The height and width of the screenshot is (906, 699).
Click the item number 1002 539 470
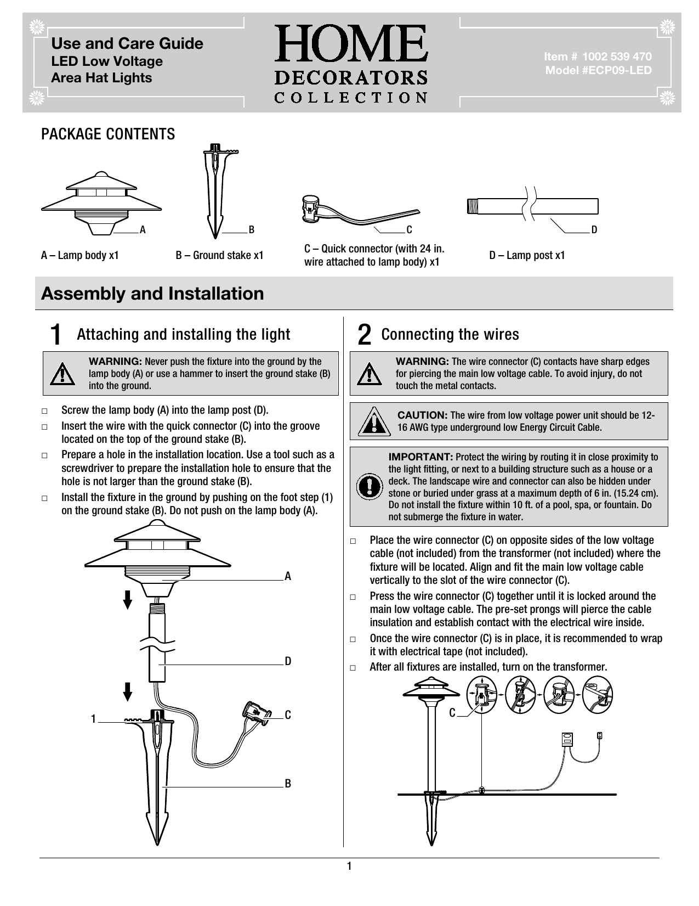[597, 57]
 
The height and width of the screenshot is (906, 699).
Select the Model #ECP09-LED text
[598, 70]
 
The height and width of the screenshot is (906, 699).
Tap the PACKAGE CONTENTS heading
[109, 134]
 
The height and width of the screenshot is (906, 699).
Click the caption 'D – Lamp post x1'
[527, 255]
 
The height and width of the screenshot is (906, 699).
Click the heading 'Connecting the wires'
[450, 334]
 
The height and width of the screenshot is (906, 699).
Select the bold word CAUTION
[422, 415]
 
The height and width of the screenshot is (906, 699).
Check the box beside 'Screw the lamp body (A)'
[44, 411]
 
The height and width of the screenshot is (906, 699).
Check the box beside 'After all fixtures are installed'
[353, 668]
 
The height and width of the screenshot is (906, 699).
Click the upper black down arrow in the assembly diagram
[128, 599]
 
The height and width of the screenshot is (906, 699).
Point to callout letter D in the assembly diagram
[288, 661]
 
